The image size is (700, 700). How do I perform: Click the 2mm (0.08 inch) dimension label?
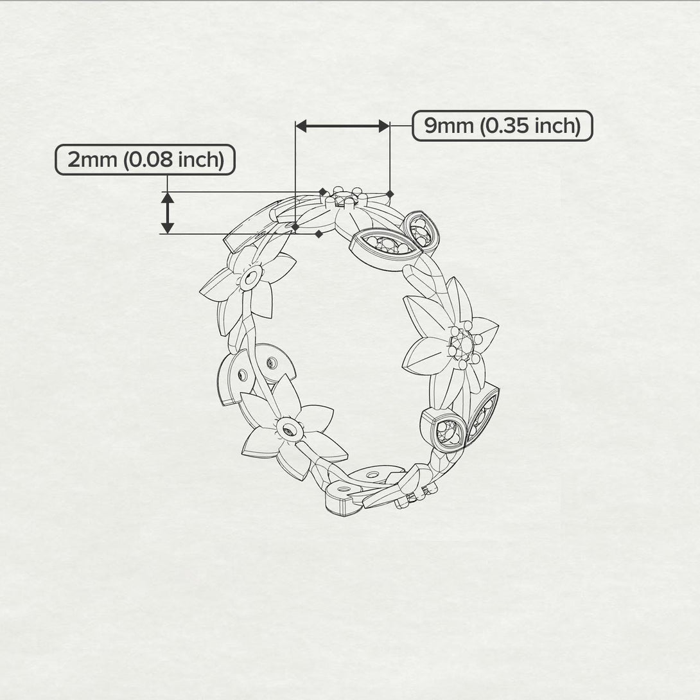pyautogui.click(x=145, y=159)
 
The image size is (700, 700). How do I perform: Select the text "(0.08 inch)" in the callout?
pyautogui.click(x=174, y=159)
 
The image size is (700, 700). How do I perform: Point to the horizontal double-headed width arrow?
pyautogui.click(x=342, y=126)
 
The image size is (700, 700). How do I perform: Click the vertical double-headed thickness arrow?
pyautogui.click(x=168, y=213)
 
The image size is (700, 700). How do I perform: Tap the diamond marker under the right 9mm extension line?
pyautogui.click(x=390, y=193)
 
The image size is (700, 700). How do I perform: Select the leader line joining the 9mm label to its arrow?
pyautogui.click(x=401, y=126)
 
